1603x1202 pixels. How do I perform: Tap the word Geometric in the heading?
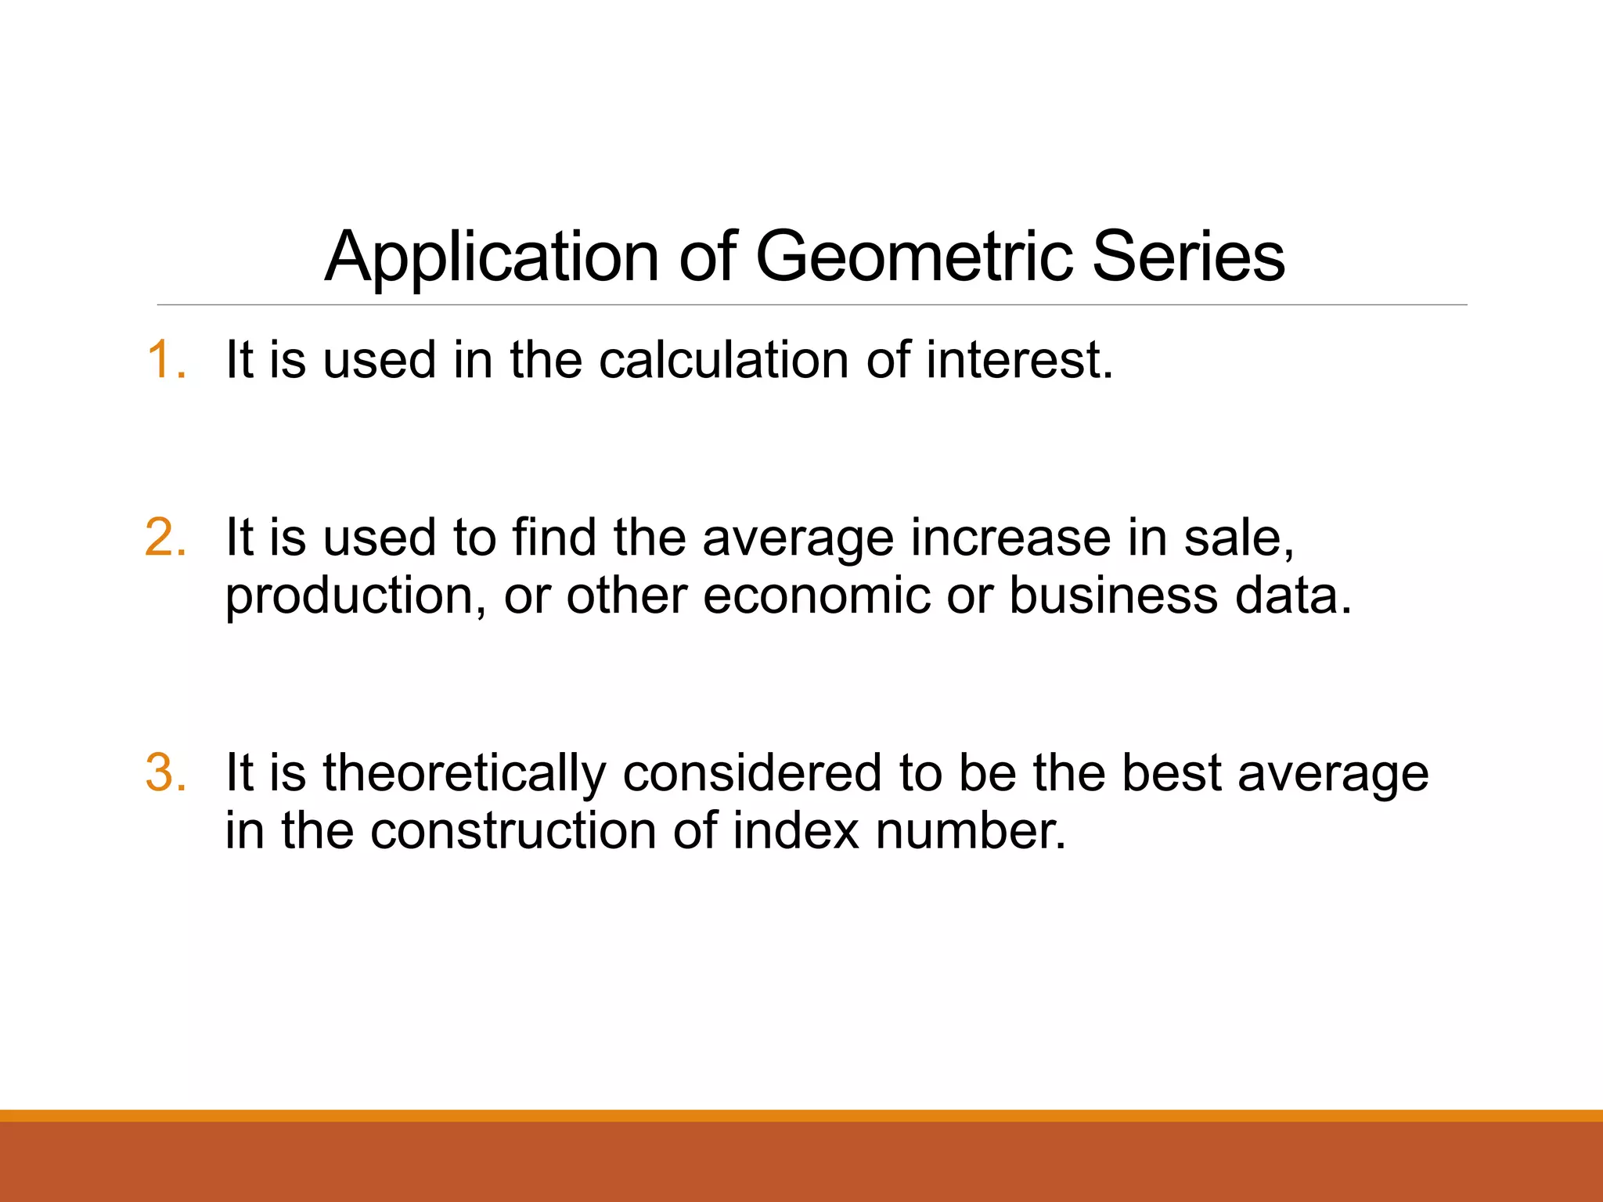point(913,257)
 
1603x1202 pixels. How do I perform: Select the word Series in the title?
point(1187,257)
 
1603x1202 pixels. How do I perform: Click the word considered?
point(752,773)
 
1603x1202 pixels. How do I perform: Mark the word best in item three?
point(1171,773)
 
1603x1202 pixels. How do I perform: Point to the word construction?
point(513,831)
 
